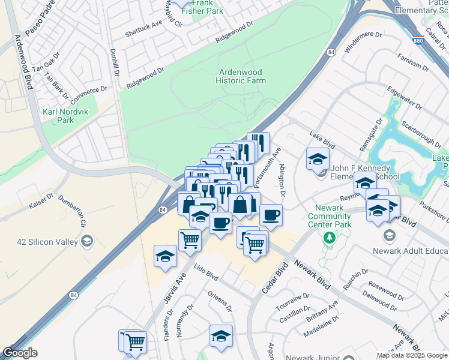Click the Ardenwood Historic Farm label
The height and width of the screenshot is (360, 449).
tap(241, 76)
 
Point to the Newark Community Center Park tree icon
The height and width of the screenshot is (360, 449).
tap(329, 238)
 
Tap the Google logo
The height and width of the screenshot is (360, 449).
tap(20, 353)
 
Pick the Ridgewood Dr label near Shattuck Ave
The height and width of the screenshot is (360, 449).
tap(231, 34)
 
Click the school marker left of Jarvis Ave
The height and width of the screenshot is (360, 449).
tap(166, 256)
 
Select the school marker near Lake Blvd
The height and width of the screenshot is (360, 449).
tap(318, 160)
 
